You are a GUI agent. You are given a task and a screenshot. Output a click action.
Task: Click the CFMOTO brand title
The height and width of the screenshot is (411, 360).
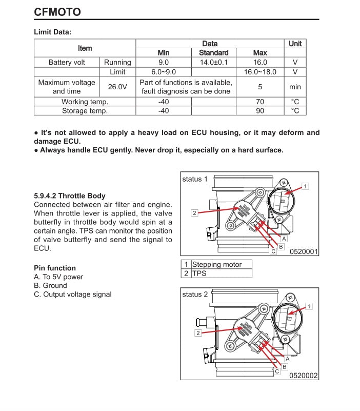pos(57,11)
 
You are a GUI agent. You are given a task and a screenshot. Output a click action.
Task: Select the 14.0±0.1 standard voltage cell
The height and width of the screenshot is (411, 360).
pos(213,62)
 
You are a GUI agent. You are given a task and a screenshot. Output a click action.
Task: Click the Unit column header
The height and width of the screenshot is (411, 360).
pos(295,44)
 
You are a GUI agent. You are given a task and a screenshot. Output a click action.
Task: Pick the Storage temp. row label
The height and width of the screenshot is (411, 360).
pos(85,110)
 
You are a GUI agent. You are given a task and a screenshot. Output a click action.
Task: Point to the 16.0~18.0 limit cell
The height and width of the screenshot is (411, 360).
pos(260,72)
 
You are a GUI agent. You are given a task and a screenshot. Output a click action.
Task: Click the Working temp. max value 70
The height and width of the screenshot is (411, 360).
pos(260,102)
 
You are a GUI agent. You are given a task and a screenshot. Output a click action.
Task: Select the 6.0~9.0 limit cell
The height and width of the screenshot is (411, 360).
pos(163,72)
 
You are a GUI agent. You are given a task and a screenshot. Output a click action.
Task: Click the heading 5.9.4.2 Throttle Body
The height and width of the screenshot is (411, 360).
pos(69,195)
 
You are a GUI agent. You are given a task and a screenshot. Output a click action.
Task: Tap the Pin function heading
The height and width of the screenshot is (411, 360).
pos(54,268)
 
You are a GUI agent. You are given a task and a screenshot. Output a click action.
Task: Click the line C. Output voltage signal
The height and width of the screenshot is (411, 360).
pos(72,294)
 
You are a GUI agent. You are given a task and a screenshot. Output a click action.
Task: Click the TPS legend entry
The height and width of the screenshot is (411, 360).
pos(199,273)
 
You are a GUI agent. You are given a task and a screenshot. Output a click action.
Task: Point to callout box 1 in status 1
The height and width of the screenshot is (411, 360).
pos(305,186)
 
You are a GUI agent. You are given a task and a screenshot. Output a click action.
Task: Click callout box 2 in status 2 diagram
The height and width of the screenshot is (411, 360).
pos(198,332)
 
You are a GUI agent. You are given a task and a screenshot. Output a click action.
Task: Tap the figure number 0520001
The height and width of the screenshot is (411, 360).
pos(304,251)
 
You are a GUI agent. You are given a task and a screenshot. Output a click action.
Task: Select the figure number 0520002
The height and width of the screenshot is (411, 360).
pos(304,376)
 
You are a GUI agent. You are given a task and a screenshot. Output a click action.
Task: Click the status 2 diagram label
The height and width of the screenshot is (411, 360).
pos(195,295)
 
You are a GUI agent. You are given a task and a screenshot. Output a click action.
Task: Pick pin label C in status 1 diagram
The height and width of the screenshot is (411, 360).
pos(273,251)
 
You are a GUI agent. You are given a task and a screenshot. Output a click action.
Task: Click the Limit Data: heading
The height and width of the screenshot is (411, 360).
pos(52,32)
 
